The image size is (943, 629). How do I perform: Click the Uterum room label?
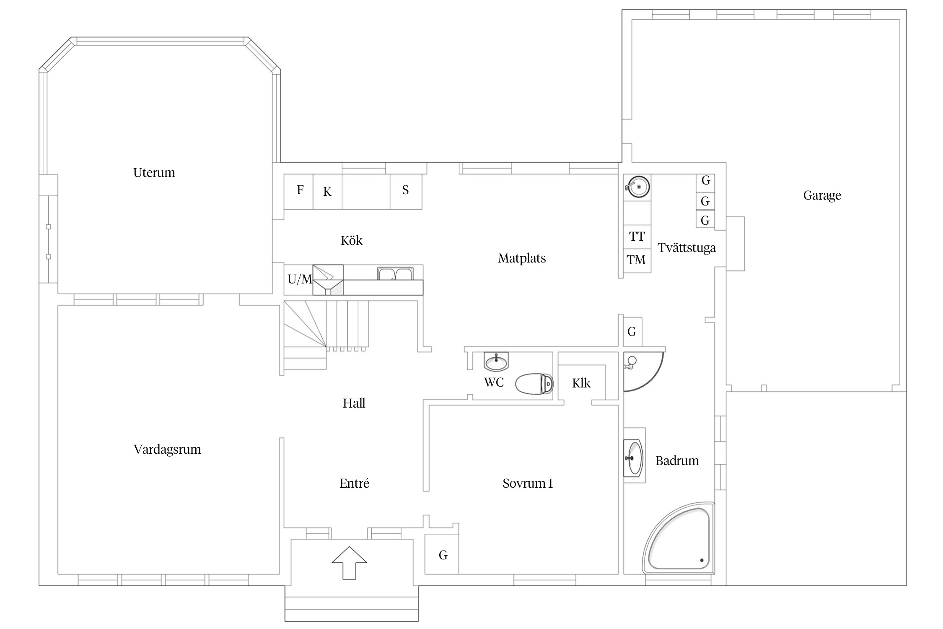point(154,173)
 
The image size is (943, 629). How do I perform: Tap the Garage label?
point(822,195)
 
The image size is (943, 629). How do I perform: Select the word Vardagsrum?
point(167,450)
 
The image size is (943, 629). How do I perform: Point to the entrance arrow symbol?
point(349,563)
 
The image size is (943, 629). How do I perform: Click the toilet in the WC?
point(534,384)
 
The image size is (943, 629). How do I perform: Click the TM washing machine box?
point(637,260)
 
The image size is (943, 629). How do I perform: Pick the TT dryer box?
point(637,237)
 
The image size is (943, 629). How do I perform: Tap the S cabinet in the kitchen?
point(406,192)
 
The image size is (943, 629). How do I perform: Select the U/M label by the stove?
point(300,279)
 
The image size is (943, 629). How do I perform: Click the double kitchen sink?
point(395,273)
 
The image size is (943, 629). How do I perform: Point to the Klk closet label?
point(581,383)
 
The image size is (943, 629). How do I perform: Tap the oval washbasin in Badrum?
point(633,458)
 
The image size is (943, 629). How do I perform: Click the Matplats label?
point(522,258)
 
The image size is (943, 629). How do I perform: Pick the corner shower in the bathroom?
point(643,372)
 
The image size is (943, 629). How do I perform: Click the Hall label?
point(354,403)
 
